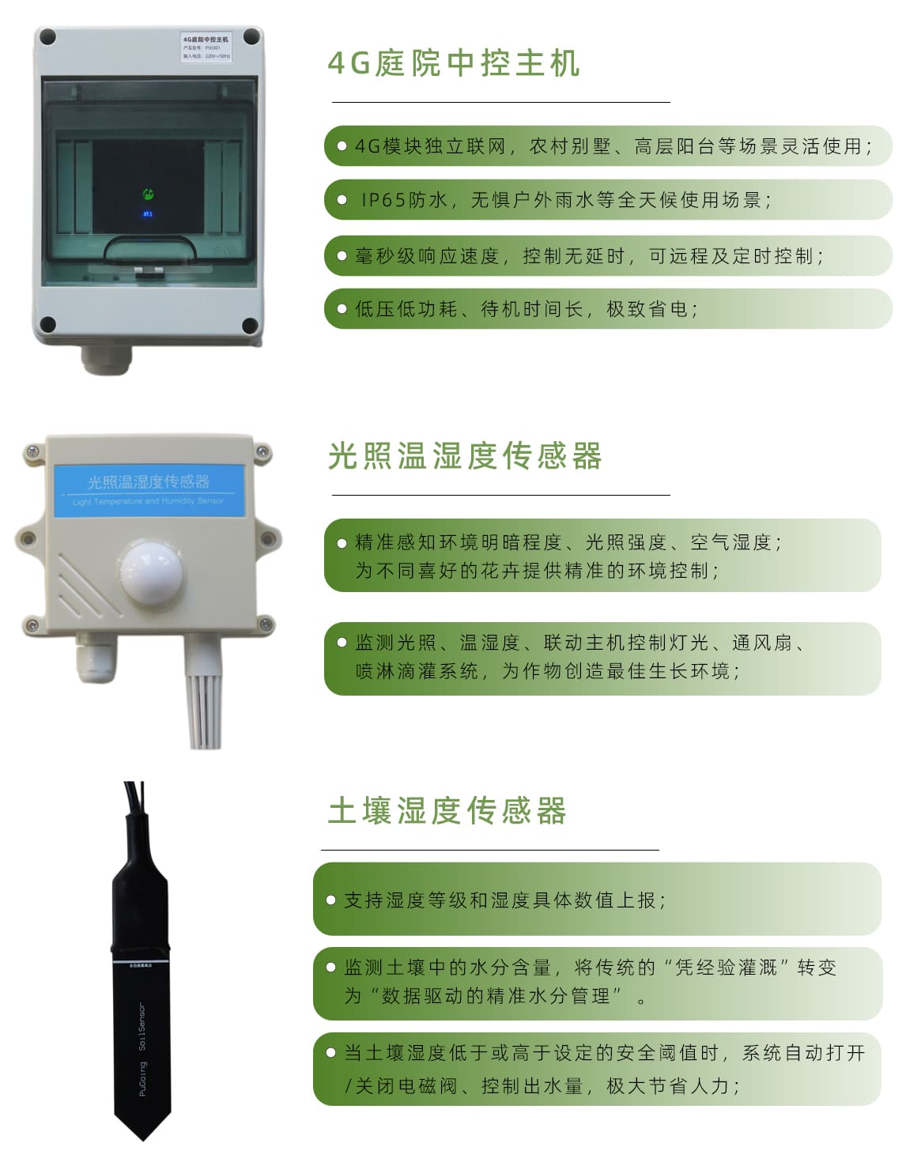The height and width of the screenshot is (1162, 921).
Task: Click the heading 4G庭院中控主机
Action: pyautogui.click(x=454, y=63)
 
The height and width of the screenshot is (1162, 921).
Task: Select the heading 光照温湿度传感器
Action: pyautogui.click(x=465, y=456)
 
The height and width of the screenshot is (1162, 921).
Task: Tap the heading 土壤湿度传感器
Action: pyautogui.click(x=447, y=811)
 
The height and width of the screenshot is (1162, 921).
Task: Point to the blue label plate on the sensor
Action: pyautogui.click(x=149, y=489)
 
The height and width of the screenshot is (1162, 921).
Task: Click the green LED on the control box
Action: pyautogui.click(x=147, y=194)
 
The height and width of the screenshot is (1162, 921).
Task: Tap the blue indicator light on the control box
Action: pyautogui.click(x=147, y=213)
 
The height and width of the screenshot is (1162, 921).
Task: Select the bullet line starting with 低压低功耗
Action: pyautogui.click(x=526, y=309)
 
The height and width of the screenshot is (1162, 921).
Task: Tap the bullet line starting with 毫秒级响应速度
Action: pyautogui.click(x=589, y=256)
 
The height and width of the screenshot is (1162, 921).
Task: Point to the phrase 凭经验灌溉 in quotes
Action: pyautogui.click(x=726, y=968)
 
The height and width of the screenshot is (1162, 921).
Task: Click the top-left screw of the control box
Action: pyautogui.click(x=47, y=36)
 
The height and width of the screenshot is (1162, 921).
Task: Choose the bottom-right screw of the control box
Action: pyautogui.click(x=250, y=324)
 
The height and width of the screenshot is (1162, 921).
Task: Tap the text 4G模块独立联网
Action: pyautogui.click(x=430, y=146)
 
